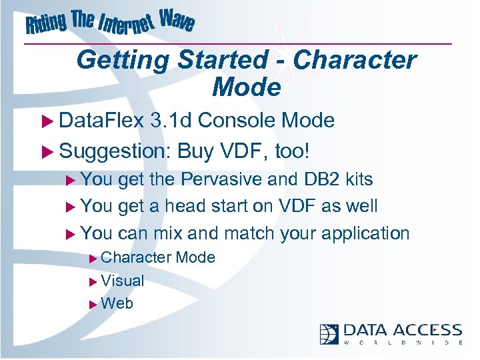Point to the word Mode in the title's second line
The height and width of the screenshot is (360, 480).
click(246, 87)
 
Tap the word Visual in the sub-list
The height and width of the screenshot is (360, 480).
click(123, 281)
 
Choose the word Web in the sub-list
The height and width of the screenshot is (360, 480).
click(117, 303)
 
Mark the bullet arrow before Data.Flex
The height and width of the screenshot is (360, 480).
click(49, 121)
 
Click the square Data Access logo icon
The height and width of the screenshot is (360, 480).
click(329, 333)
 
